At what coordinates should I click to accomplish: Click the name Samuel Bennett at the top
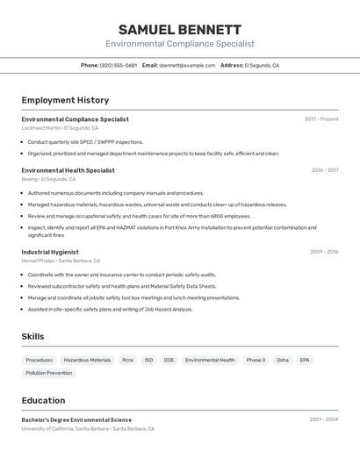tap(180, 29)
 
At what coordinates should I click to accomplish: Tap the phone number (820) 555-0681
tap(119, 65)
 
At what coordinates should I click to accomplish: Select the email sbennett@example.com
tap(187, 65)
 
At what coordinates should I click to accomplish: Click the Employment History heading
tap(65, 100)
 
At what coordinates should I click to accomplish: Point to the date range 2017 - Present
tap(321, 118)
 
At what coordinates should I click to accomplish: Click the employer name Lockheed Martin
tap(40, 128)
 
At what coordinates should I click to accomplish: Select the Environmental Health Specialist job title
tap(68, 170)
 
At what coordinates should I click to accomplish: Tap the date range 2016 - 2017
tap(324, 170)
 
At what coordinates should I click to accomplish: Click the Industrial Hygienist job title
tap(50, 252)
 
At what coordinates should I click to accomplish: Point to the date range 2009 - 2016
tap(324, 252)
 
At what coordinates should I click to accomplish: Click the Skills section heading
tap(32, 336)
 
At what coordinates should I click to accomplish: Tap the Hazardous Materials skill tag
tap(88, 360)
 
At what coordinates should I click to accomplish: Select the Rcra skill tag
tap(128, 360)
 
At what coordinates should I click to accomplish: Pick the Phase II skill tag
tap(256, 360)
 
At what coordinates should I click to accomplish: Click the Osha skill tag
tap(282, 360)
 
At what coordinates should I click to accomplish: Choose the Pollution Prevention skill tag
tap(49, 373)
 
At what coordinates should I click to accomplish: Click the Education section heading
tap(43, 400)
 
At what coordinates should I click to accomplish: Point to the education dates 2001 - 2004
tap(323, 419)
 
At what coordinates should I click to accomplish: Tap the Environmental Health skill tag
tap(210, 360)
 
